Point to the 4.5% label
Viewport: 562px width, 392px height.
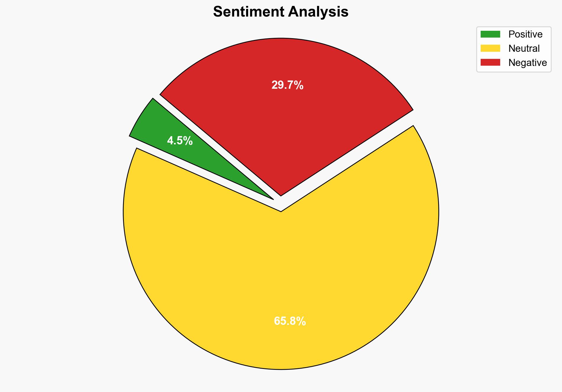click(x=180, y=141)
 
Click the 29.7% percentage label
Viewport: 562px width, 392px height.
click(x=287, y=85)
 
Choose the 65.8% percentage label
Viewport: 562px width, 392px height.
click(x=290, y=321)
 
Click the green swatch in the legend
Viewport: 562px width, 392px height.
click(x=490, y=34)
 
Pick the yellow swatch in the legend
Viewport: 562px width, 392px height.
click(x=490, y=48)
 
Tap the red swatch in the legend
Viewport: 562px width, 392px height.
click(x=490, y=62)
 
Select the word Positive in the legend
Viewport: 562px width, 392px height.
click(x=525, y=34)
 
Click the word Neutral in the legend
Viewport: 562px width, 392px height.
click(x=524, y=49)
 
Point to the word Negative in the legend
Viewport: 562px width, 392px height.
click(x=527, y=63)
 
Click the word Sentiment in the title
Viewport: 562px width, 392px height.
click(x=248, y=12)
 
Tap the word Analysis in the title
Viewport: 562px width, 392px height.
click(x=318, y=12)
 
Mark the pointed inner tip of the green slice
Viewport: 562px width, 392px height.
click(x=273, y=199)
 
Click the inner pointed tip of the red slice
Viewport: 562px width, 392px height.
click(x=281, y=195)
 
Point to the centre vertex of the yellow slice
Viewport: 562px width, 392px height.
click(x=281, y=211)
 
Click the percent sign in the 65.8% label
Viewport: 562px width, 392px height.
click(x=301, y=321)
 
